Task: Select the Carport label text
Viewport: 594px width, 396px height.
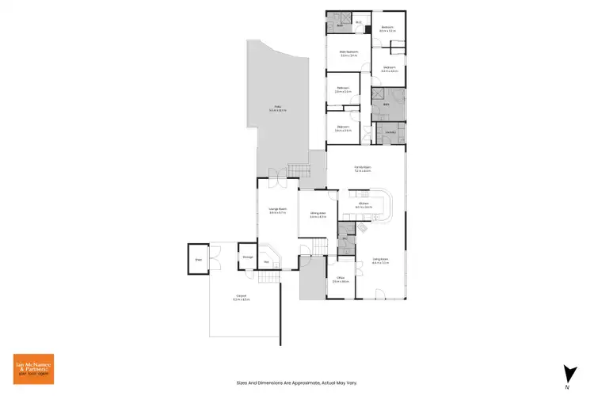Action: click(x=241, y=299)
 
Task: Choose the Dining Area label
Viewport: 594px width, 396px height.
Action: click(x=318, y=214)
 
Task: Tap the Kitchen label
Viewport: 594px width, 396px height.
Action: click(x=364, y=205)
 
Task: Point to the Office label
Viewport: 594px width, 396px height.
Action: click(x=341, y=278)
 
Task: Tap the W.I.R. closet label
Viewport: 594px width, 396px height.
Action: click(x=359, y=22)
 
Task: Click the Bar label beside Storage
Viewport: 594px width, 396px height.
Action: click(x=267, y=261)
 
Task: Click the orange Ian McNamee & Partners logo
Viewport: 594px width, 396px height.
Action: click(x=33, y=367)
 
